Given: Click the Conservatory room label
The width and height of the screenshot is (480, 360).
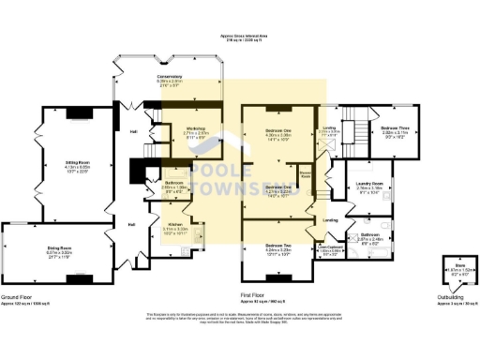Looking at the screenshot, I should (x=169, y=78).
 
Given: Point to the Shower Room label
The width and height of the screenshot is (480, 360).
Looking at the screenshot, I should (x=306, y=174).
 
